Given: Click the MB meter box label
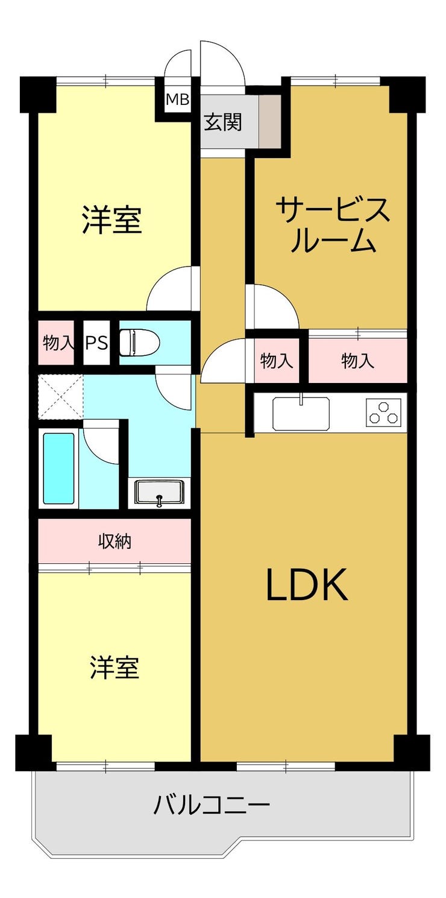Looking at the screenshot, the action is point(178,99).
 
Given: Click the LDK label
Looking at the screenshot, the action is point(307,585).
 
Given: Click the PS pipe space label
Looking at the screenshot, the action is point(96,343).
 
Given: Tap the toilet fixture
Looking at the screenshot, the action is point(139,343).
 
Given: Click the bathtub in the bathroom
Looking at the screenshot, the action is point(58,468).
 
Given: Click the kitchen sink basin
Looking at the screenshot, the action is point(301,414).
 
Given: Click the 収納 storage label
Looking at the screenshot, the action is point(115,542).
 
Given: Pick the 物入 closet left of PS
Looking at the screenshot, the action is point(56,343).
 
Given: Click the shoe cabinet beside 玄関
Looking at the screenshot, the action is point(271,121).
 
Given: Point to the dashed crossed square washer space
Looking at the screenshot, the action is point(60,397).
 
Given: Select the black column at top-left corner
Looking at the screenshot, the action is point(38,94).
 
